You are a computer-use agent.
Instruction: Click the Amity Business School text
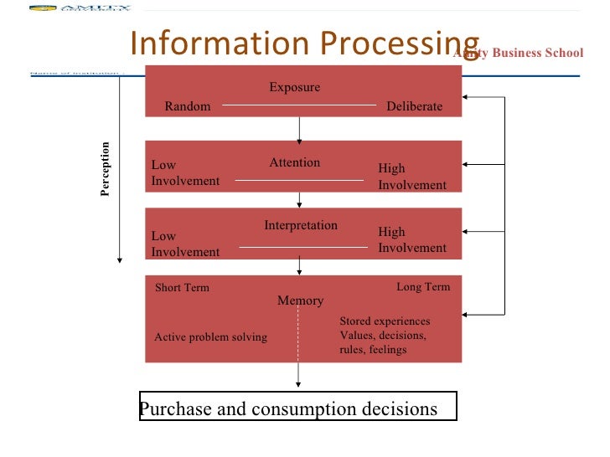tap(518, 53)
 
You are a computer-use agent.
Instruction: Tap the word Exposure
tap(294, 87)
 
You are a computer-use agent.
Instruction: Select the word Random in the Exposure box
tap(188, 106)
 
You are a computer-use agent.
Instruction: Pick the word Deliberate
tap(414, 106)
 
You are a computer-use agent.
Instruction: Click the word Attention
tap(294, 162)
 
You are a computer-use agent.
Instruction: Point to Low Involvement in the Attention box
tap(185, 173)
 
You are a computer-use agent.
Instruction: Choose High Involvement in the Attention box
tap(412, 177)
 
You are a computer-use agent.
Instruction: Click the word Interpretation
tap(301, 225)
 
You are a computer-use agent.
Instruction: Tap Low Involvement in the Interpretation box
tap(185, 244)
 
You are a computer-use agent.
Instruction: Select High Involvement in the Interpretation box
tap(412, 239)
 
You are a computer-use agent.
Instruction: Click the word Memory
tap(300, 300)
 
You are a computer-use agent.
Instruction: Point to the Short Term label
tap(182, 288)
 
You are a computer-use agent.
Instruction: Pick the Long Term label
tap(423, 287)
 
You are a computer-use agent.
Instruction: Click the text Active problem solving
tap(211, 337)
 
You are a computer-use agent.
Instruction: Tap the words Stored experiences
tap(385, 321)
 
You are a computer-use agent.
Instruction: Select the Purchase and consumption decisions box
tap(298, 409)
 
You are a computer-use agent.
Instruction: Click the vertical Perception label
tap(105, 170)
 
